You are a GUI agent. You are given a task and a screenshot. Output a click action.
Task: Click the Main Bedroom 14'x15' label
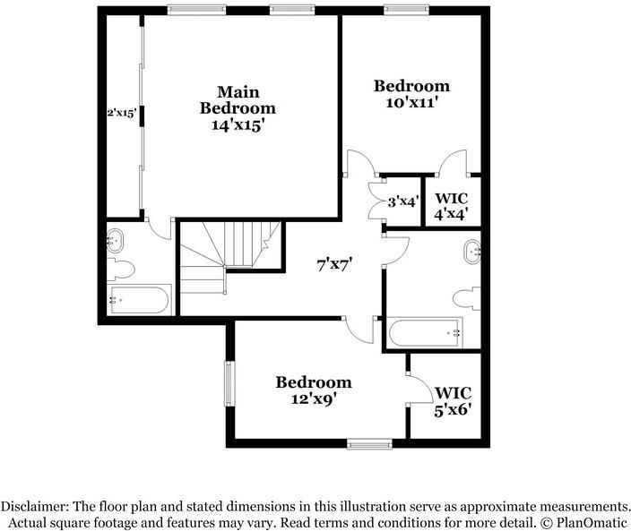pyautogui.click(x=237, y=108)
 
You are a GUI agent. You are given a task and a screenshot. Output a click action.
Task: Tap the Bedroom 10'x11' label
pyautogui.click(x=411, y=94)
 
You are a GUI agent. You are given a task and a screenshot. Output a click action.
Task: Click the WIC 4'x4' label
pyautogui.click(x=452, y=206)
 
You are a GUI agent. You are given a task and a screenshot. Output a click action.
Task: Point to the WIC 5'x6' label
pyautogui.click(x=453, y=401)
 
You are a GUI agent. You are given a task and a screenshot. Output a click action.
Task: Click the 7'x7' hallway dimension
pyautogui.click(x=335, y=264)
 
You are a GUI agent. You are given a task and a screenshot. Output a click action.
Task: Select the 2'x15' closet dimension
pyautogui.click(x=121, y=113)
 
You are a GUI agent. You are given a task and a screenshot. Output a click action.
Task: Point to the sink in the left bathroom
pyautogui.click(x=115, y=239)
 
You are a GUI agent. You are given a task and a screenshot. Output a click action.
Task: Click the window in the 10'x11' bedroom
pyautogui.click(x=399, y=10)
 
